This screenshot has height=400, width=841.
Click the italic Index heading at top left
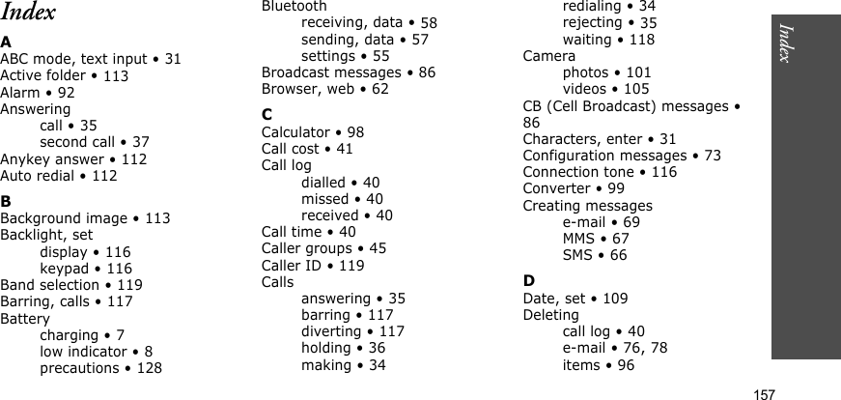coord(28,13)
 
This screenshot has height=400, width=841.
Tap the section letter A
coord(6,42)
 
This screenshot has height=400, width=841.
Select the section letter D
coord(528,281)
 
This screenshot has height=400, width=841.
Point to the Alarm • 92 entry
coord(38,93)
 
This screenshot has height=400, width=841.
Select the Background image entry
coord(85,218)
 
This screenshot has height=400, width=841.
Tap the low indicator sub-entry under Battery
coord(96,352)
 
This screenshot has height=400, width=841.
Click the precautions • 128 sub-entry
coord(100,368)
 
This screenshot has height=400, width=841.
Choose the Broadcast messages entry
coord(348,72)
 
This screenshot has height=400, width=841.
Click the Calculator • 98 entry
coord(313,132)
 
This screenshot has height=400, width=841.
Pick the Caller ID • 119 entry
coord(313,265)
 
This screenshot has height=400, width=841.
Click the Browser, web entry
coord(325,89)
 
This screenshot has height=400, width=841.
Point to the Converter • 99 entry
coord(574,188)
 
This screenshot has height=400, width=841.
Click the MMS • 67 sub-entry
coord(596,239)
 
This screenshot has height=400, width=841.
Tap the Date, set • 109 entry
coord(575,299)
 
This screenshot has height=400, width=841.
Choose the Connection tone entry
coord(600,172)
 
